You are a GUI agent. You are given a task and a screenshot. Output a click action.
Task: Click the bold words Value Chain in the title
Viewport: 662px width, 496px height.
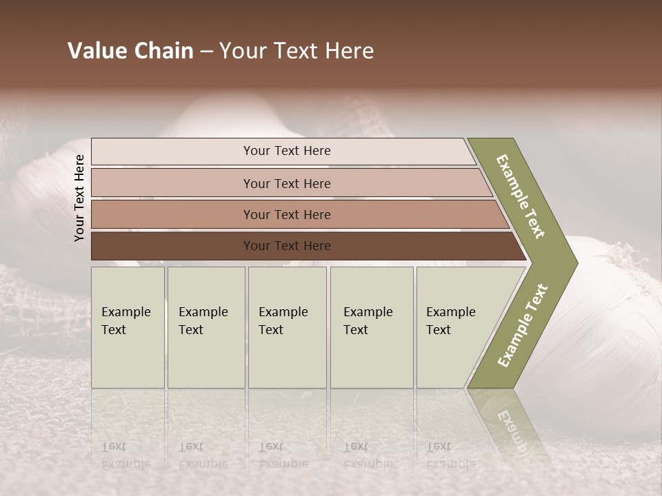[x=130, y=51]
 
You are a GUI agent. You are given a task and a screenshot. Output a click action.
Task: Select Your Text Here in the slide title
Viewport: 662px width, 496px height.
[x=297, y=51]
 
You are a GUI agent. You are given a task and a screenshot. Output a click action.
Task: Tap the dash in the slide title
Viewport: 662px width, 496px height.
[x=206, y=52]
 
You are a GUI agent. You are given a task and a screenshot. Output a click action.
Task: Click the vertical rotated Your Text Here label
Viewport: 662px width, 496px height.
[x=79, y=198]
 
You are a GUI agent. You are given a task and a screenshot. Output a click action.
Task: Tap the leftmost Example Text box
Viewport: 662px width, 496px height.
[x=128, y=327]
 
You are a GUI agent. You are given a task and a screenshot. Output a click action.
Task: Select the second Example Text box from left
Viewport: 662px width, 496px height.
[x=206, y=327]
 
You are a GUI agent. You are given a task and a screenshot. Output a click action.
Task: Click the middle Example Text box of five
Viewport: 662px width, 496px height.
[x=287, y=327]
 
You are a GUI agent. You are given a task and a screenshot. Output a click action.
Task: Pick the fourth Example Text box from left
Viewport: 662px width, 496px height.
[x=372, y=327]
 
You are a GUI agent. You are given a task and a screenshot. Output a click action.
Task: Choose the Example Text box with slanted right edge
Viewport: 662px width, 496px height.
[x=455, y=327]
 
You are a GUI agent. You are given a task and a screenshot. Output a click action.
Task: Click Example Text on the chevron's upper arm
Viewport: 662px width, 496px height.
[x=521, y=196]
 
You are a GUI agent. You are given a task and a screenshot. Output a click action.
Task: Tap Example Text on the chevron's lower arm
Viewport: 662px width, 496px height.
[x=523, y=326]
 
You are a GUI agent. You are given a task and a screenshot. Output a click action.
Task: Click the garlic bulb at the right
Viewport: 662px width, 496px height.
[x=607, y=324]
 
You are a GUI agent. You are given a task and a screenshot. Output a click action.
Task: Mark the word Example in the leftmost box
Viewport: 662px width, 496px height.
[x=126, y=312]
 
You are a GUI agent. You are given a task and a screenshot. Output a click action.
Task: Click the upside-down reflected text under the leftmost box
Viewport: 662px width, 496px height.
[x=126, y=456]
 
